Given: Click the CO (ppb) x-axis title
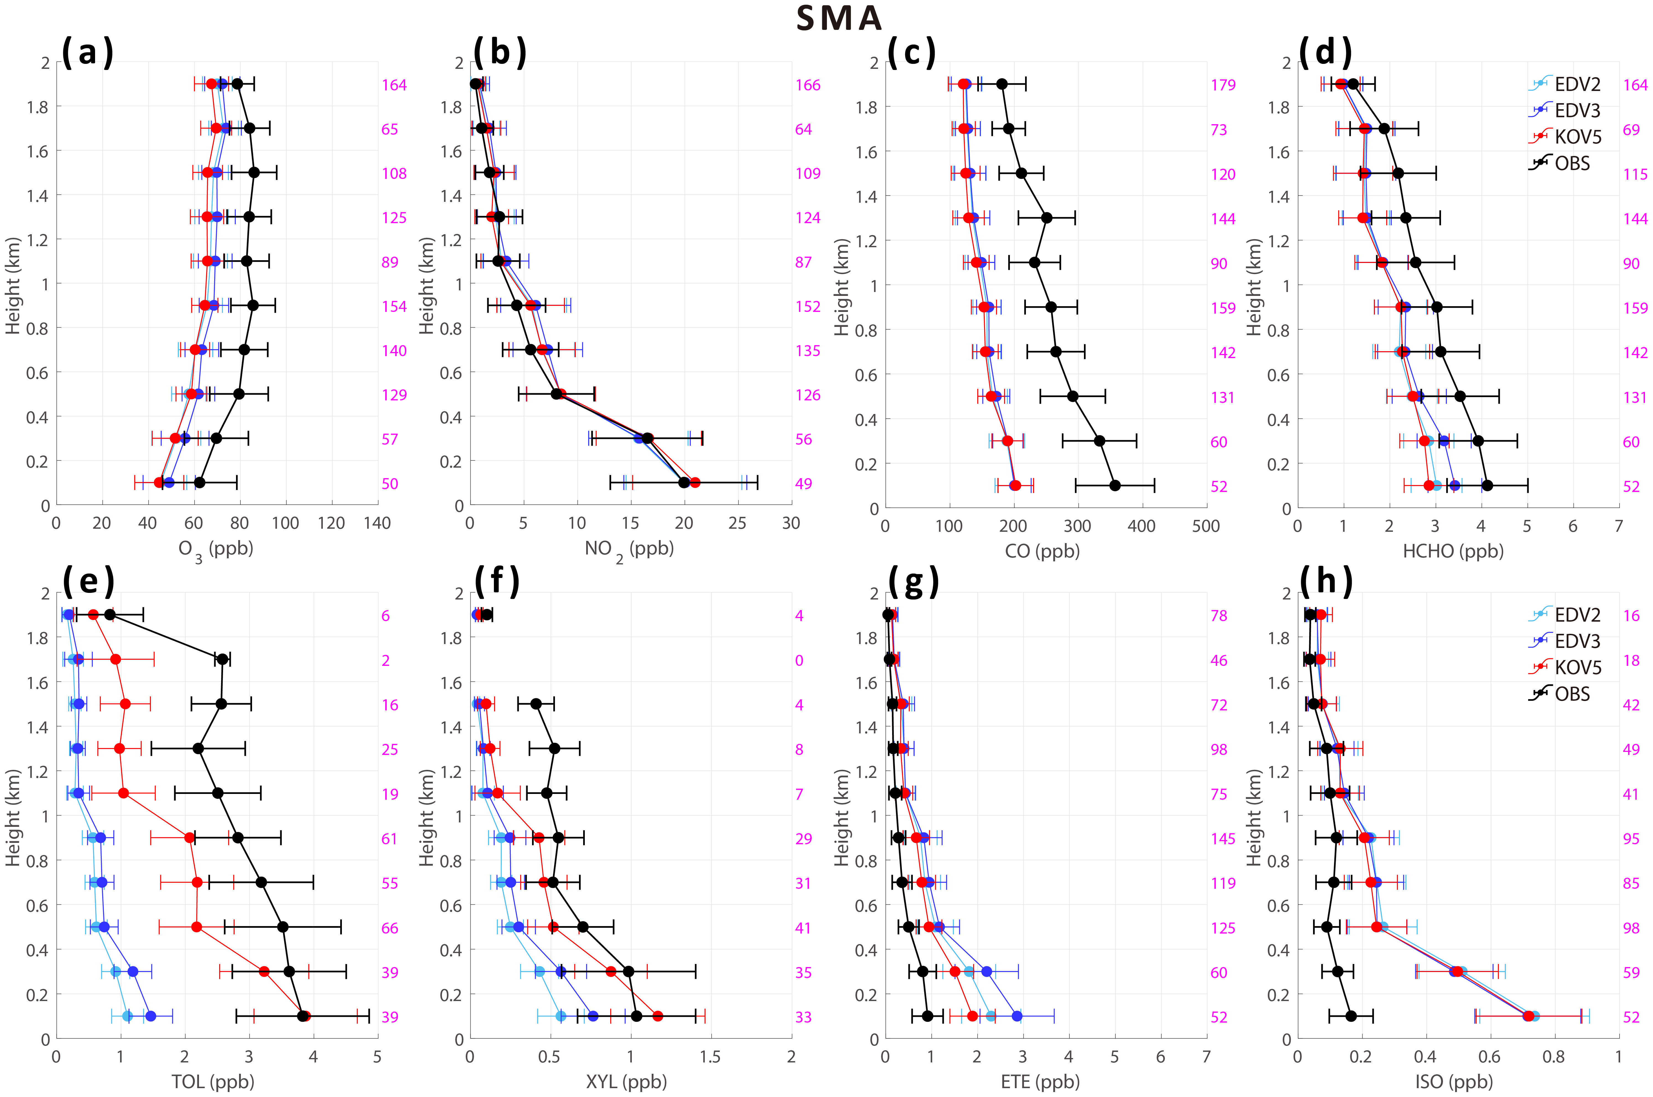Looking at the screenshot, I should coord(1042,551).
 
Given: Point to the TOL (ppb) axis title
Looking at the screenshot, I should coord(213,1082).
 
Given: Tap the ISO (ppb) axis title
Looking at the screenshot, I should coord(1454,1082).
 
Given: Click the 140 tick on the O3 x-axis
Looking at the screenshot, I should coord(377,523).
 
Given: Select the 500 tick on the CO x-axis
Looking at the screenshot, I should coord(1206,526).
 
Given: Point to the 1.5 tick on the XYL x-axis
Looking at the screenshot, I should coord(711,1056).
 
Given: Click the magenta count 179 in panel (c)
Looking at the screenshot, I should coord(1223,85).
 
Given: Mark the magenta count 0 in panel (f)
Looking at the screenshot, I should coord(799,660).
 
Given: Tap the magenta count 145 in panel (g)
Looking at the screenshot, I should coord(1223,839).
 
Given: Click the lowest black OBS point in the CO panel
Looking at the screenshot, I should coord(1115,486).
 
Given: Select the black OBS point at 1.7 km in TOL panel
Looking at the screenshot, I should coord(222,659).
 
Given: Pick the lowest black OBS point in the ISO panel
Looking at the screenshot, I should coord(1351,1016).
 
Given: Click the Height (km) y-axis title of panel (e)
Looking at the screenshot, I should coord(13,817).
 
